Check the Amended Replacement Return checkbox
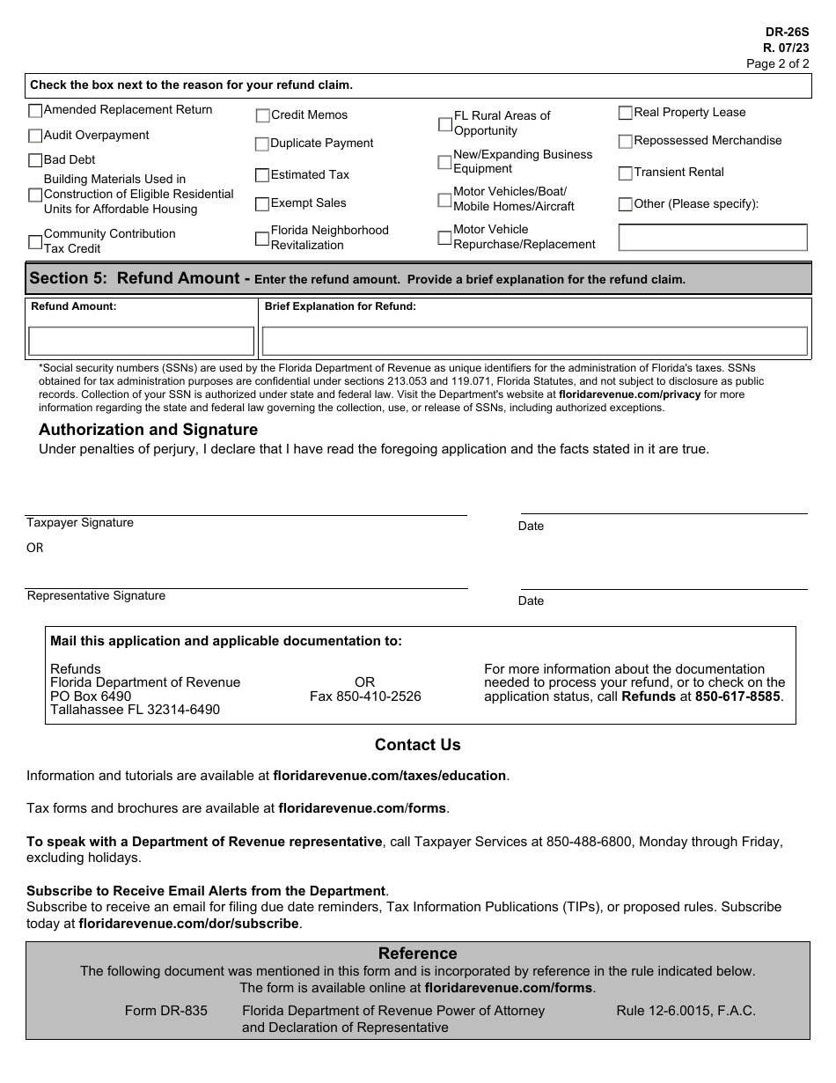click(x=35, y=111)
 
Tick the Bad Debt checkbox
click(x=35, y=160)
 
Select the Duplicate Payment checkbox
click(x=262, y=144)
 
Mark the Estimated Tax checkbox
click(x=262, y=175)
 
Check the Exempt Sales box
click(x=262, y=204)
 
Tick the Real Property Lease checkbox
click(x=626, y=113)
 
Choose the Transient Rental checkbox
click(x=626, y=173)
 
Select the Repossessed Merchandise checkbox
click(x=626, y=142)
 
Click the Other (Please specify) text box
click(x=713, y=238)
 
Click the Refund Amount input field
click(x=141, y=341)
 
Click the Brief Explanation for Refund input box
click(x=534, y=341)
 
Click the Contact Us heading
click(x=418, y=745)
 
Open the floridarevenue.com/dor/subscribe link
click(x=189, y=924)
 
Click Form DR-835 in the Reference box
click(x=166, y=1011)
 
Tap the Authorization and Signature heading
click(x=149, y=430)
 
